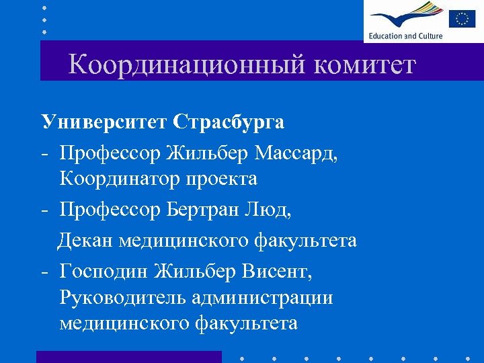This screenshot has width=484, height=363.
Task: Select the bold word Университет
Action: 104,122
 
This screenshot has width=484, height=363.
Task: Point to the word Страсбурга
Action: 229,122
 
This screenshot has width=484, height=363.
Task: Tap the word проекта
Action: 223,179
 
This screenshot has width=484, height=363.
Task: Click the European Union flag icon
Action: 462,18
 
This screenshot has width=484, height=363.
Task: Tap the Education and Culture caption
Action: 405,36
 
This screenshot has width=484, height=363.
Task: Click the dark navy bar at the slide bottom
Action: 128,357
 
